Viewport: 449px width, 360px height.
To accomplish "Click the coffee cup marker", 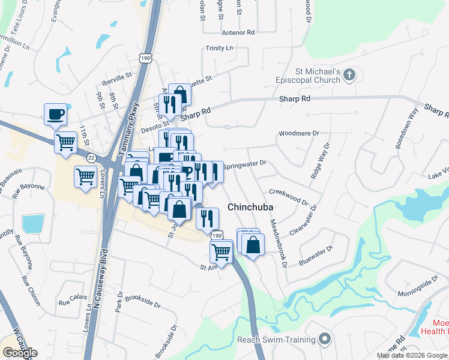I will point(56,113).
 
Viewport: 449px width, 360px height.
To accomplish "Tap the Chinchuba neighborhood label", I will point(250,207).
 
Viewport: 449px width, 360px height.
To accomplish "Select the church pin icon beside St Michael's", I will point(350,76).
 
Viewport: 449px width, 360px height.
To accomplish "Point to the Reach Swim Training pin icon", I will point(325,340).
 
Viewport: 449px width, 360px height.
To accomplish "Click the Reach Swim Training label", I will point(276,340).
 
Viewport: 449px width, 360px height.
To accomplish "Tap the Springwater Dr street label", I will point(244,164).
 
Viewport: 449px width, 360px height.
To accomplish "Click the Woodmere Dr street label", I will point(298,134).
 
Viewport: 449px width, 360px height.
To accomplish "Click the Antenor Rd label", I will point(238,32).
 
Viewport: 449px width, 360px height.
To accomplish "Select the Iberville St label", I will point(117,77).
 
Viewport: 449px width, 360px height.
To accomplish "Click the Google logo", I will point(20,352).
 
